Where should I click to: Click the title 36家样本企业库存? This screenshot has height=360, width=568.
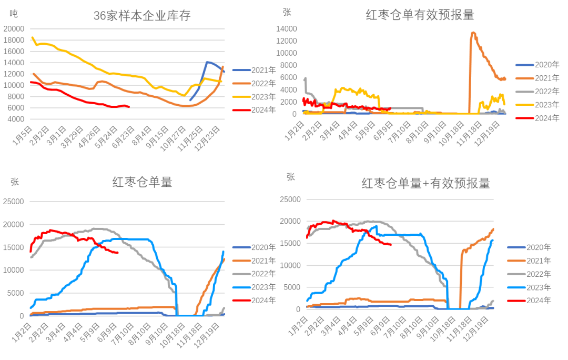tap(141, 16)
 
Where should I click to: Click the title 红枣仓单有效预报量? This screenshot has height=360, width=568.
tap(420, 15)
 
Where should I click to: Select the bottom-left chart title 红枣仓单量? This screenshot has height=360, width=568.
tap(142, 182)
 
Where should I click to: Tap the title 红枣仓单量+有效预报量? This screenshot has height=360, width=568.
tap(425, 183)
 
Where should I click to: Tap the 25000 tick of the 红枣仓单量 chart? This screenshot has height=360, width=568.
tap(14, 201)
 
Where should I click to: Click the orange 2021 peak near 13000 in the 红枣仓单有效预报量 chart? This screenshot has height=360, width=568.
tap(473, 33)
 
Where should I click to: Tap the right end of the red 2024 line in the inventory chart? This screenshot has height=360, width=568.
tap(129, 106)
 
